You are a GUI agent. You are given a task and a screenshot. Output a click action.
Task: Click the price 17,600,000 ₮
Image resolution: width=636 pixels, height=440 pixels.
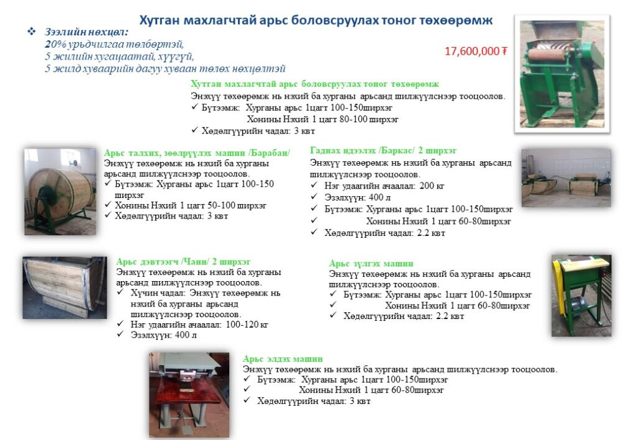pyautogui.click(x=476, y=52)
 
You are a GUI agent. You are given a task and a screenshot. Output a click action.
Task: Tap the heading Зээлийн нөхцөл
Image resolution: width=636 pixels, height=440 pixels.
pyautogui.click(x=87, y=32)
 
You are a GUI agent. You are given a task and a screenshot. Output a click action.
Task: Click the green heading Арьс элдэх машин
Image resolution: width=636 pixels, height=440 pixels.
pyautogui.click(x=283, y=359)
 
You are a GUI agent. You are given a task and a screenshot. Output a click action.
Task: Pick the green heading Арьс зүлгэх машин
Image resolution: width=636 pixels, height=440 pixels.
pyautogui.click(x=371, y=264)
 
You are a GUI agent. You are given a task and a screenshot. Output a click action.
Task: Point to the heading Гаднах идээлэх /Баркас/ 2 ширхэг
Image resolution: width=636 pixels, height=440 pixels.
pyautogui.click(x=383, y=150)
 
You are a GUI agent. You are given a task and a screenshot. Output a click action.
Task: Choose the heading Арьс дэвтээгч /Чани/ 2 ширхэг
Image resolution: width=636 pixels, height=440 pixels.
pyautogui.click(x=183, y=262)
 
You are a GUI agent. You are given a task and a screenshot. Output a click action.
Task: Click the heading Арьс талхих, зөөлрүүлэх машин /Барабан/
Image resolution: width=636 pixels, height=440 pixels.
pyautogui.click(x=197, y=153)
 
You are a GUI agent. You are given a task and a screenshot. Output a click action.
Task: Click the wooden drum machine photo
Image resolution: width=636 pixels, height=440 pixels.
pyautogui.click(x=60, y=191)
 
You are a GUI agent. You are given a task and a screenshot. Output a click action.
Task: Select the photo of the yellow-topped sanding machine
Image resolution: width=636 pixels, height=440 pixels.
pyautogui.click(x=581, y=295)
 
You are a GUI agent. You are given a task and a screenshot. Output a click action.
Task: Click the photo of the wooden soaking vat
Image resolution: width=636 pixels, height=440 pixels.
pyautogui.click(x=64, y=287)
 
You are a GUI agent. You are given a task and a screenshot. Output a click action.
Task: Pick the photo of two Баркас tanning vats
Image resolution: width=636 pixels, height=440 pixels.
pyautogui.click(x=566, y=177)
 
